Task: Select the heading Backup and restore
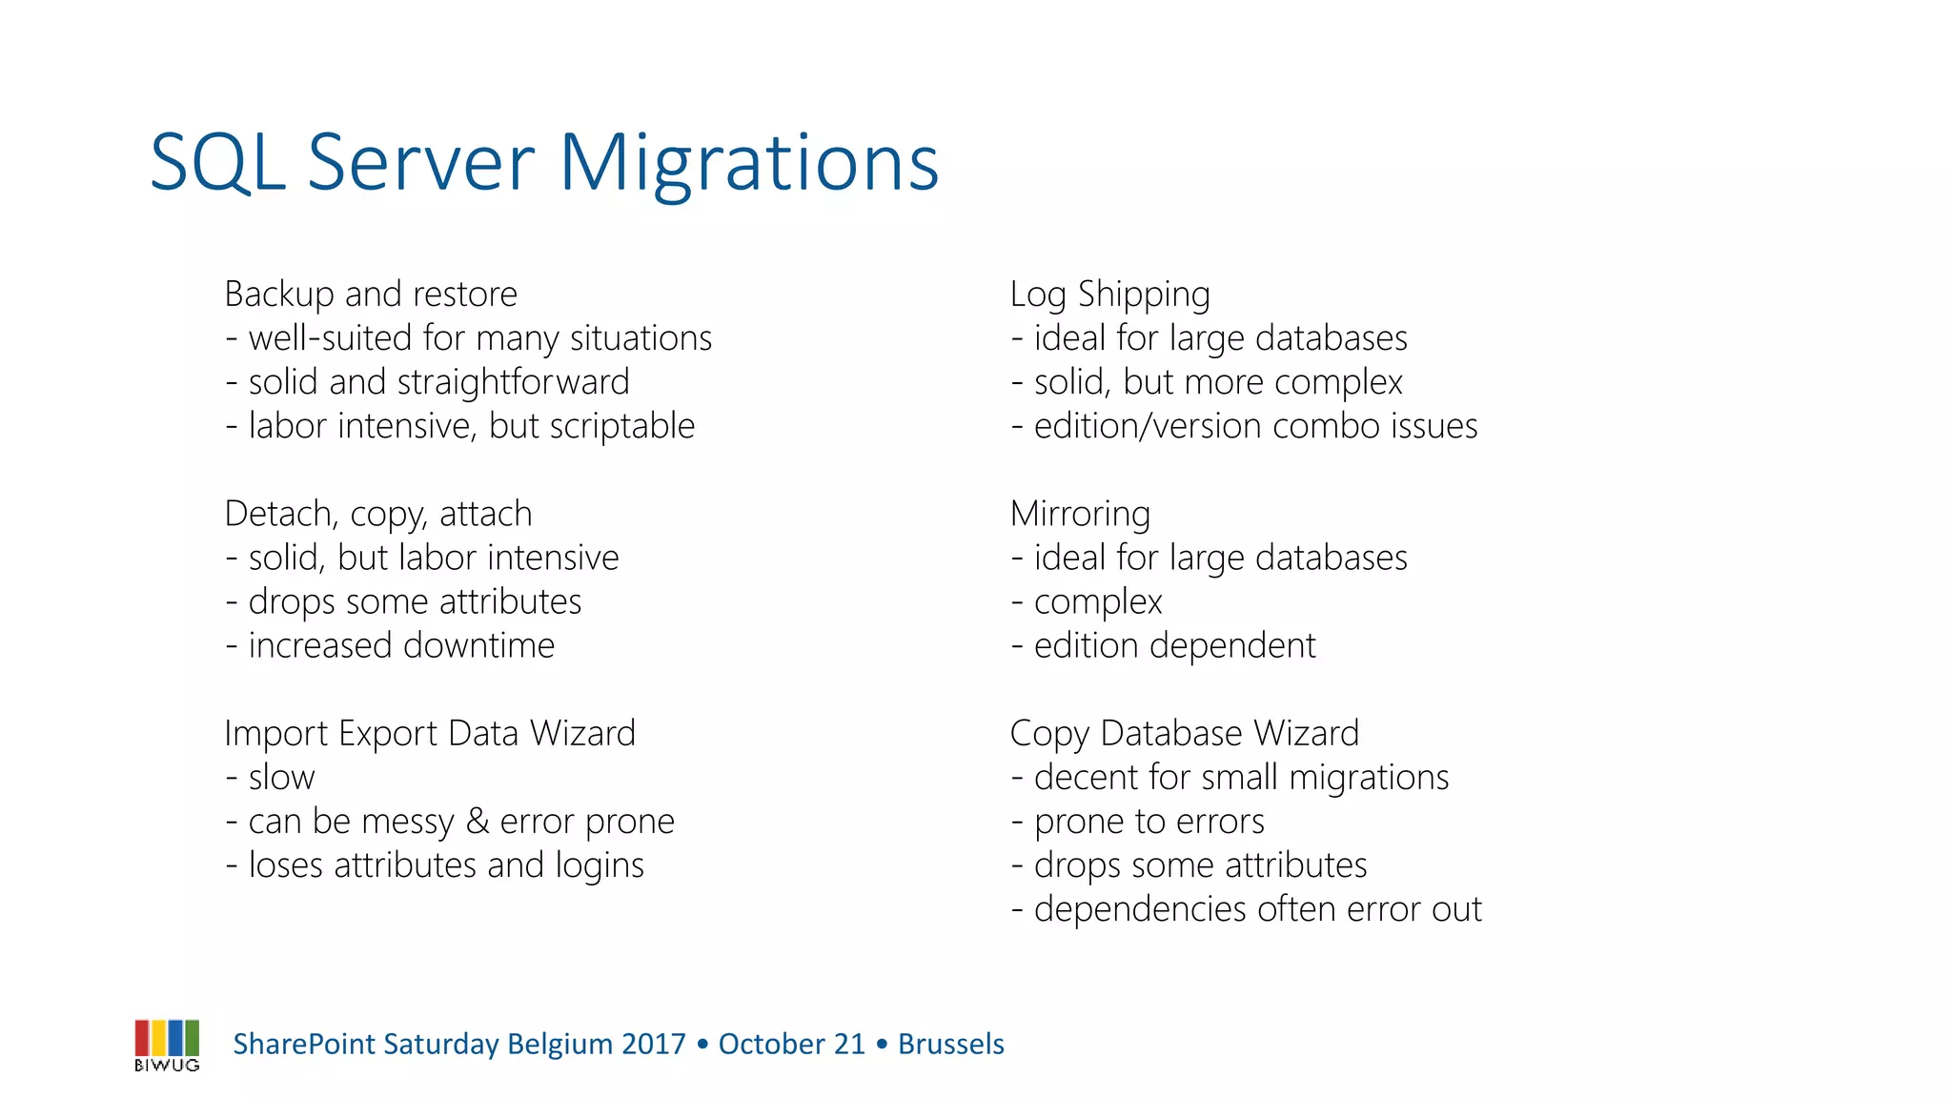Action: (371, 294)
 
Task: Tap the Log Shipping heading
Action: (1109, 294)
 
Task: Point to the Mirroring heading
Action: (1080, 514)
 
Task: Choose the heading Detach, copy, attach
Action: (377, 514)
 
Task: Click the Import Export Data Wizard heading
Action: (429, 733)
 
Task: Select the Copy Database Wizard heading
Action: (1184, 733)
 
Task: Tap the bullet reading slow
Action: (280, 778)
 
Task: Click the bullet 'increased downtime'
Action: (400, 645)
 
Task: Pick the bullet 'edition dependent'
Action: (1173, 645)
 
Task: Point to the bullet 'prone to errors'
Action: (1149, 822)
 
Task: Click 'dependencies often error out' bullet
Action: (1256, 909)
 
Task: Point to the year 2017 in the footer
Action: (653, 1045)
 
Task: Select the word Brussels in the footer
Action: (950, 1045)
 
